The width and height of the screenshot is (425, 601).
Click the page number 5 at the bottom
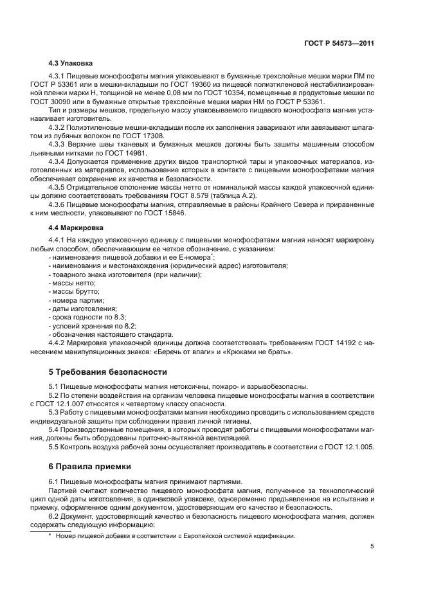click(372, 546)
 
